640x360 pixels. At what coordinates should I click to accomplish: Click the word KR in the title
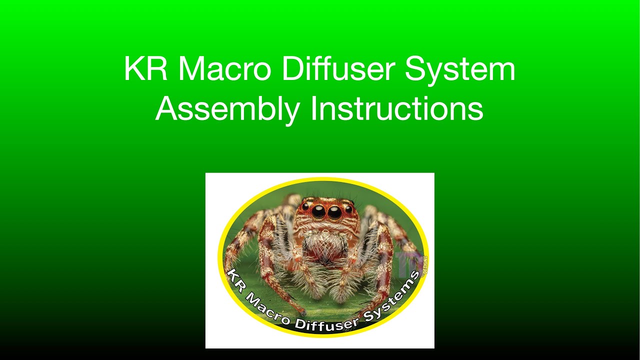tap(145, 69)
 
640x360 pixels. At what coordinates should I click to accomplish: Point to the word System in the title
tap(460, 70)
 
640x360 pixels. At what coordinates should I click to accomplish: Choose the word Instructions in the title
tap(397, 109)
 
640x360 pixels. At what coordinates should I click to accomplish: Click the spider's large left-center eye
tap(318, 212)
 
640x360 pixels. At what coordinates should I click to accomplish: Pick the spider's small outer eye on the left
tap(305, 206)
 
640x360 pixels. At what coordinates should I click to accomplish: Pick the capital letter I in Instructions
tap(313, 109)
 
